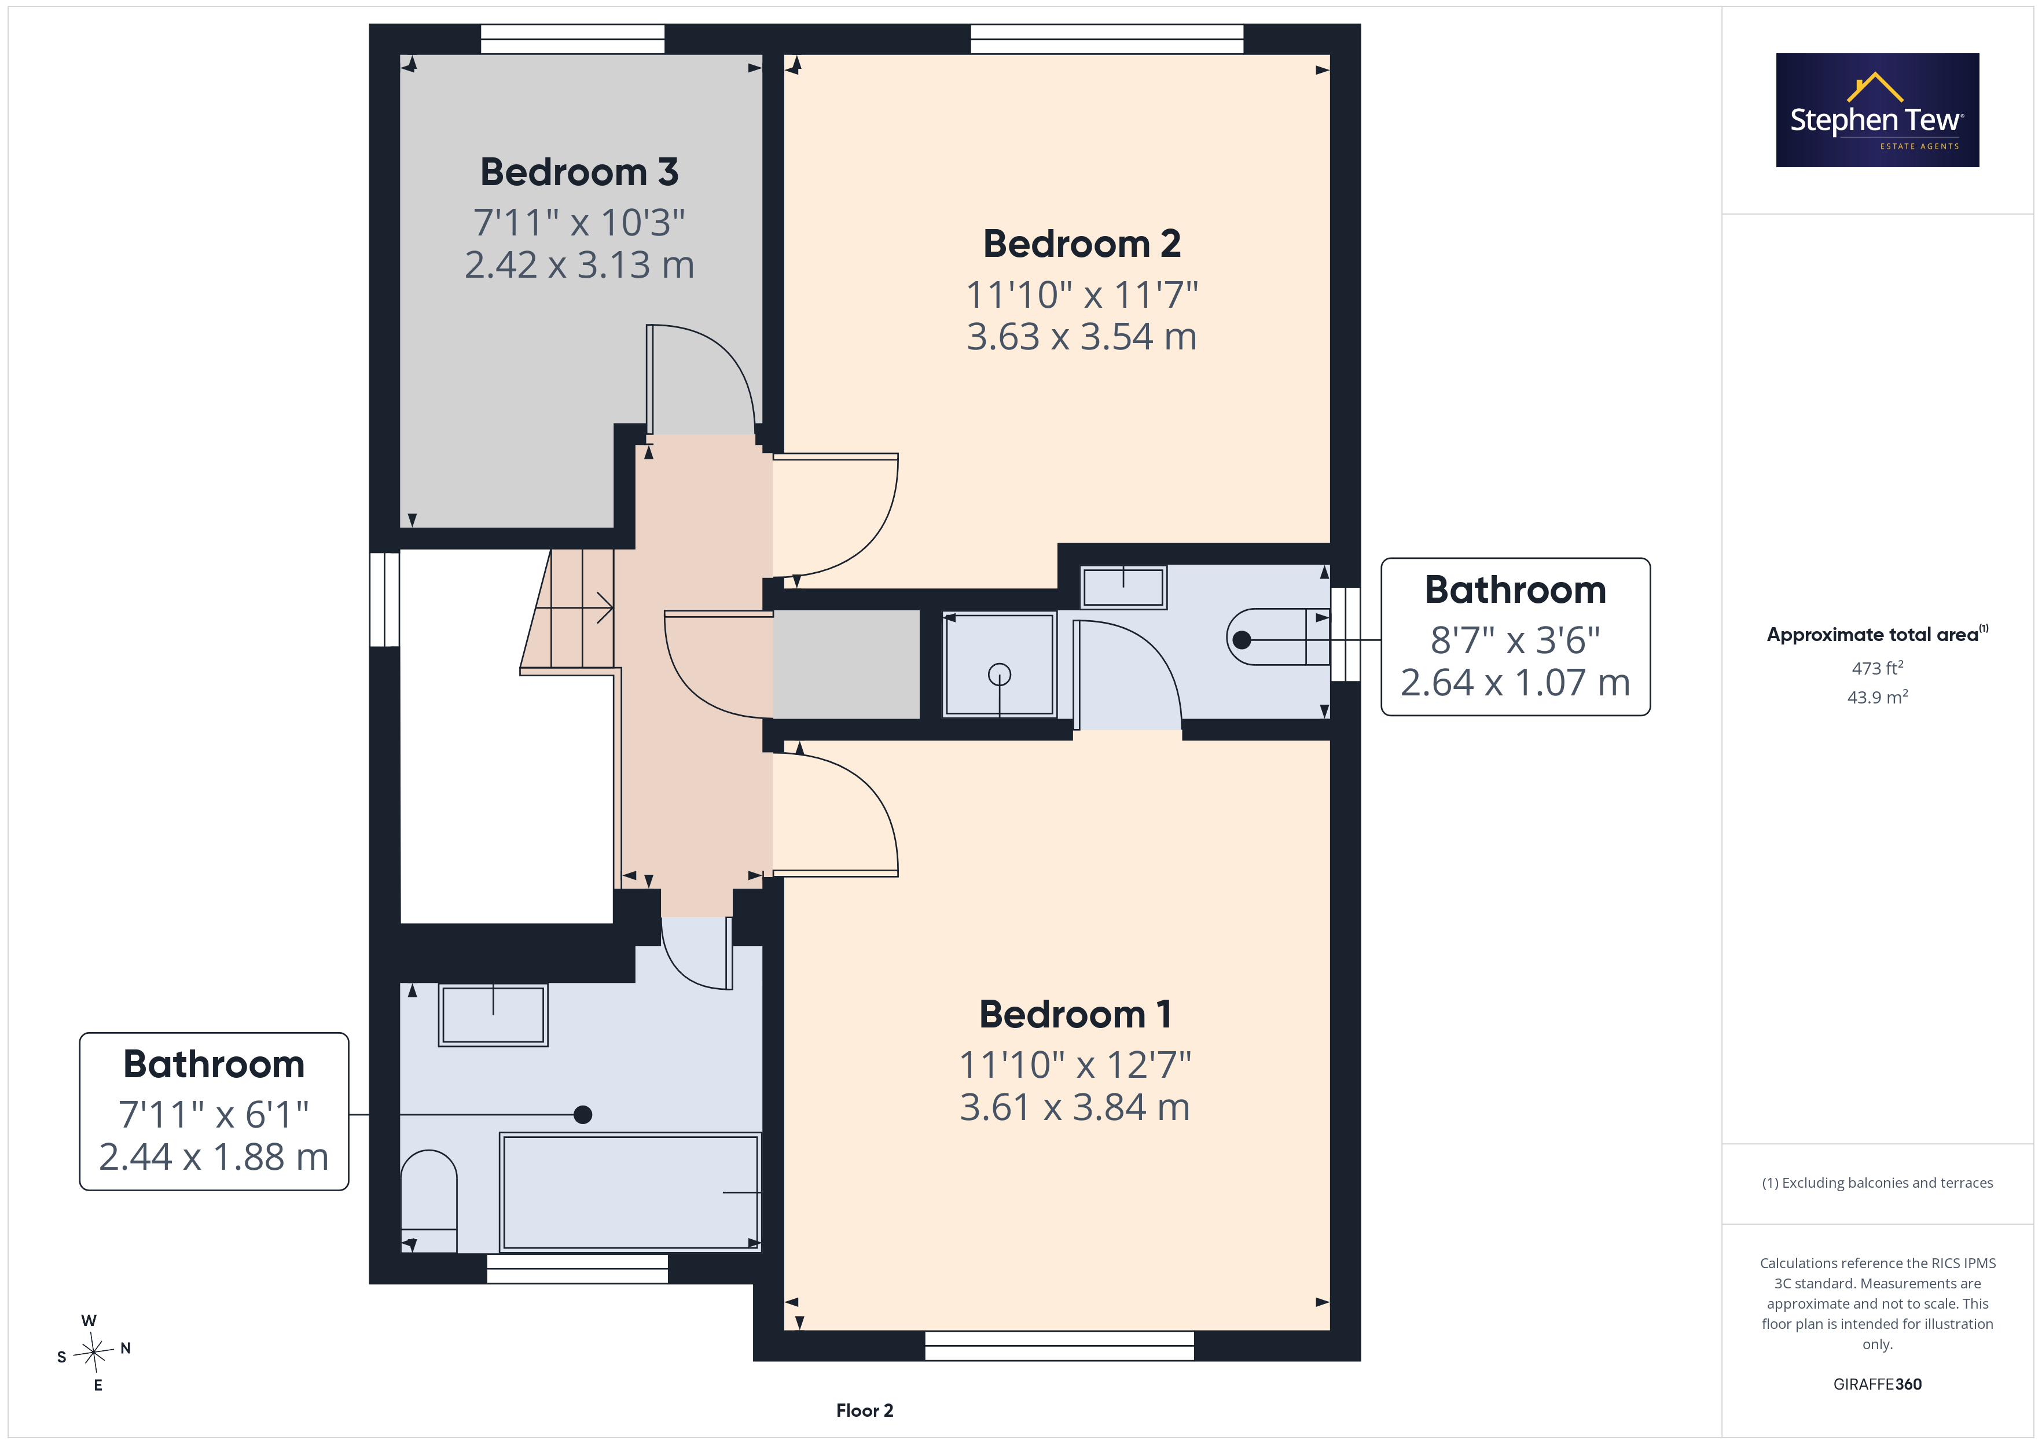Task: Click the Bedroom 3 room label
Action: pos(579,172)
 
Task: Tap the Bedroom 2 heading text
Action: pos(1081,244)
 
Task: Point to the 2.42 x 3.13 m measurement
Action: pos(579,265)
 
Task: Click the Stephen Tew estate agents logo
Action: pos(1878,110)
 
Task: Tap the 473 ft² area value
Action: pos(1878,668)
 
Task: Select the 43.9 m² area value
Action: pos(1878,697)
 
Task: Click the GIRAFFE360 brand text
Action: pos(1878,1384)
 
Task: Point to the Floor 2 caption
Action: pos(865,1410)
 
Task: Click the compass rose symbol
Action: pos(93,1353)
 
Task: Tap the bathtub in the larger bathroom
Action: pos(630,1192)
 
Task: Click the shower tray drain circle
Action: pos(1000,675)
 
